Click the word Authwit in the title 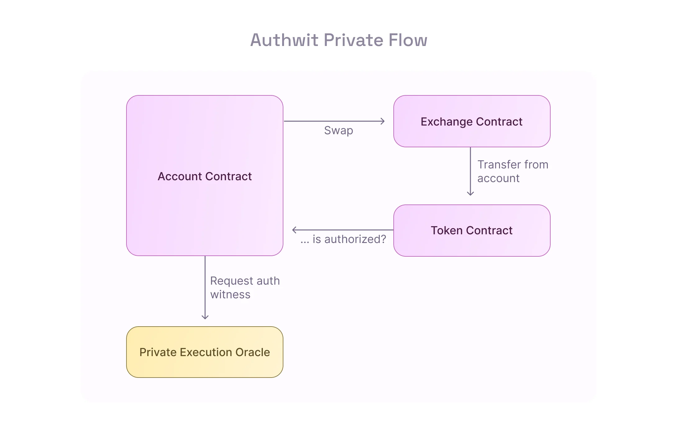(x=284, y=40)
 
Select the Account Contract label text (x=204, y=176)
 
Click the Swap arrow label (x=338, y=131)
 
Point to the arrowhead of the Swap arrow (x=383, y=121)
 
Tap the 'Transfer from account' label (x=512, y=171)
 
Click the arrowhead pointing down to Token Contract (x=470, y=194)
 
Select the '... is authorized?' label (x=343, y=239)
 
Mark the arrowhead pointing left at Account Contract (x=294, y=230)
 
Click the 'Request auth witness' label (x=245, y=287)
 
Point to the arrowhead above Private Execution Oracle (x=205, y=318)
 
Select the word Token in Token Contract (x=447, y=231)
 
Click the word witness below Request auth (x=230, y=295)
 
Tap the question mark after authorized (x=383, y=239)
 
